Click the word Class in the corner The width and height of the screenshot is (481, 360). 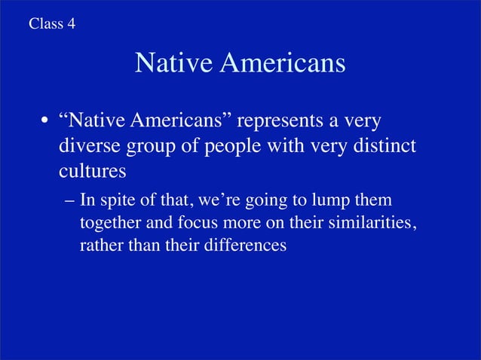point(45,23)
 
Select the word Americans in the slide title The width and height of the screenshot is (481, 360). point(283,64)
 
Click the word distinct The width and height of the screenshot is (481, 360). point(380,145)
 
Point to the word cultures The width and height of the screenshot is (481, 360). point(92,170)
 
